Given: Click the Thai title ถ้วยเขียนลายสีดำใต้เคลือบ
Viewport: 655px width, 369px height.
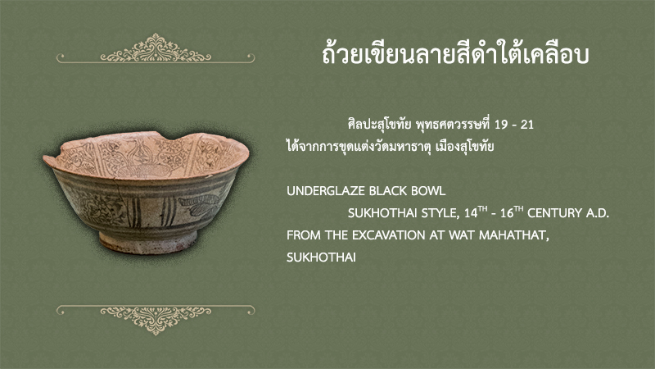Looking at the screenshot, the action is click(x=455, y=54).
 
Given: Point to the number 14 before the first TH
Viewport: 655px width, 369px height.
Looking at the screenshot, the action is click(x=471, y=213).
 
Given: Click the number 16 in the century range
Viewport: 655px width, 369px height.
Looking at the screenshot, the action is click(x=507, y=213).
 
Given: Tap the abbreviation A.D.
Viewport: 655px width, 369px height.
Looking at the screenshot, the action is click(x=598, y=213).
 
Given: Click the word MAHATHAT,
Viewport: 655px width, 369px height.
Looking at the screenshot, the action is click(x=514, y=235).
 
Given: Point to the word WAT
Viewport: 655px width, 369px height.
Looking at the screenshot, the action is click(x=462, y=235).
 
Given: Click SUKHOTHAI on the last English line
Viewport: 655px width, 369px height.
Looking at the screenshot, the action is click(x=321, y=257).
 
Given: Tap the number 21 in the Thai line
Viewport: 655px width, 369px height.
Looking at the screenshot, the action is click(x=527, y=125).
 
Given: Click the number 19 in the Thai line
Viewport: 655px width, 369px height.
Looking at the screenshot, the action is click(x=501, y=125).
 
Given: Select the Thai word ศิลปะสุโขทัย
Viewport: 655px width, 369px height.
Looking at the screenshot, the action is click(x=380, y=125).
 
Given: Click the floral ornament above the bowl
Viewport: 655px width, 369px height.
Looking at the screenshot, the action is click(x=156, y=48).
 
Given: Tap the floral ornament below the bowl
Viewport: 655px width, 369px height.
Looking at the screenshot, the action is click(x=156, y=320).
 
